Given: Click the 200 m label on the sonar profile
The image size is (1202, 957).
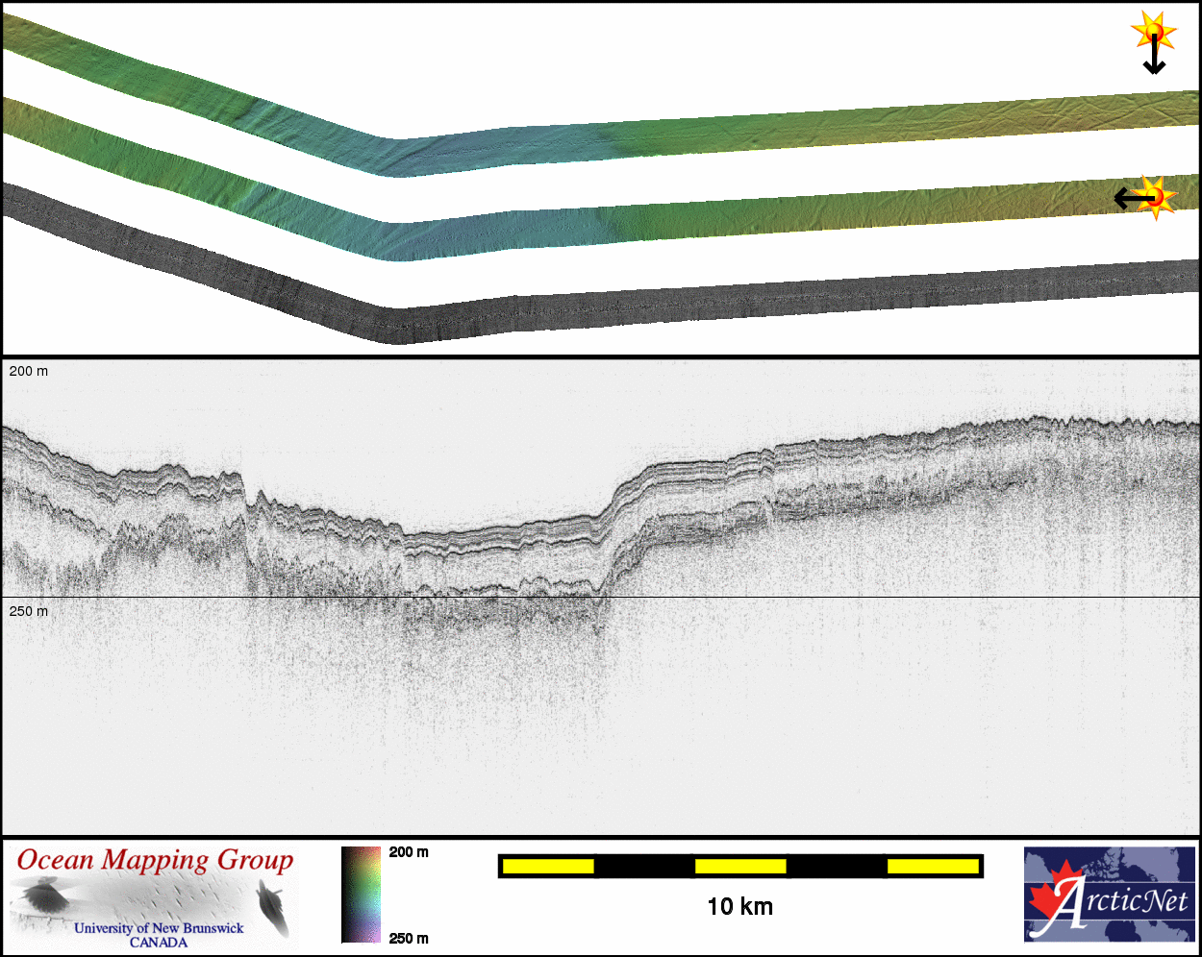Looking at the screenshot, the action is [29, 371].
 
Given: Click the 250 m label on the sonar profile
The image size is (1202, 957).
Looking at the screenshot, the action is [29, 611].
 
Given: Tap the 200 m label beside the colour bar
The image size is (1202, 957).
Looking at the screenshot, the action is [409, 852].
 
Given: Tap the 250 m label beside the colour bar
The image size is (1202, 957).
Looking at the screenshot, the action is [409, 938].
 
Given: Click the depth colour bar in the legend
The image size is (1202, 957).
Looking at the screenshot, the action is [361, 896].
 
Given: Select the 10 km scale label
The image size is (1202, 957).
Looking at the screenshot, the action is [740, 907].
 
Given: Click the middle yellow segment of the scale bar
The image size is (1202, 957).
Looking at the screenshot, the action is [740, 866].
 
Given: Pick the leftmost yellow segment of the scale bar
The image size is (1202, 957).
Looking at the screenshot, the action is [548, 866].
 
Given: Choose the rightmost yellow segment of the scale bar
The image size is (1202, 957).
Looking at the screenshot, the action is [933, 866].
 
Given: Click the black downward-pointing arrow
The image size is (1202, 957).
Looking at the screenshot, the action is [1154, 54].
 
